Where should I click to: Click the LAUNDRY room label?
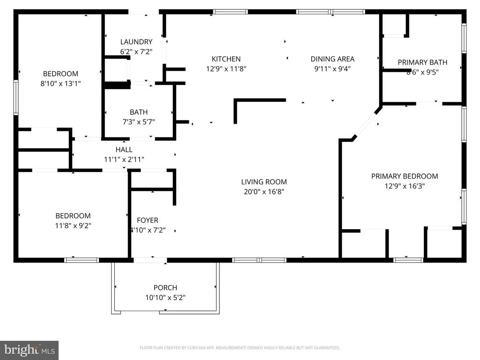pyautogui.click(x=136, y=42)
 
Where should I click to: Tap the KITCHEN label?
pyautogui.click(x=226, y=59)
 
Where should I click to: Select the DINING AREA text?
pyautogui.click(x=332, y=59)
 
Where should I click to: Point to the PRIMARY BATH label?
pyautogui.click(x=422, y=62)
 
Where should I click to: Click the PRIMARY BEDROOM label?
pyautogui.click(x=405, y=176)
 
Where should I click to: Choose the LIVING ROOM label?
pyautogui.click(x=264, y=182)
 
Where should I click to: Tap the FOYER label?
pyautogui.click(x=147, y=220)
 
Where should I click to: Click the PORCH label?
pyautogui.click(x=165, y=288)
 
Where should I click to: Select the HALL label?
pyautogui.click(x=124, y=150)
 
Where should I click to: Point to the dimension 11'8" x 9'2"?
pyautogui.click(x=73, y=225)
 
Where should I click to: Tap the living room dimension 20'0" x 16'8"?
pyautogui.click(x=264, y=192)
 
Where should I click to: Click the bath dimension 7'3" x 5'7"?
pyautogui.click(x=138, y=122)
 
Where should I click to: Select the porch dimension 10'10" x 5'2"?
pyautogui.click(x=165, y=298)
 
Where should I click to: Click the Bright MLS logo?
pyautogui.click(x=29, y=350)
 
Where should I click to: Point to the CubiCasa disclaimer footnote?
pyautogui.click(x=240, y=348)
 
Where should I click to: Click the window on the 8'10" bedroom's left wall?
pyautogui.click(x=16, y=97)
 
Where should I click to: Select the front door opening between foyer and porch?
pyautogui.click(x=150, y=260)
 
